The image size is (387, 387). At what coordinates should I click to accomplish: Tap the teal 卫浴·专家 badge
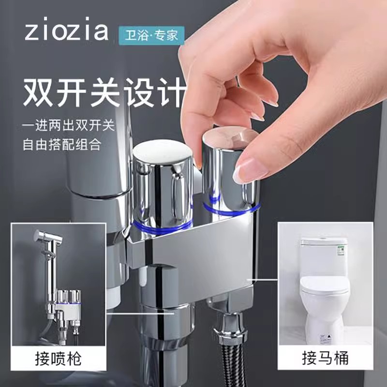(x=151, y=35)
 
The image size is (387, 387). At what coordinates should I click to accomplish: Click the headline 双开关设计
(x=104, y=91)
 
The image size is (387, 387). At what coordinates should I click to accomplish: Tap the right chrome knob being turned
(x=227, y=164)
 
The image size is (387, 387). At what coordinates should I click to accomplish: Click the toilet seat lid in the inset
(x=324, y=285)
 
